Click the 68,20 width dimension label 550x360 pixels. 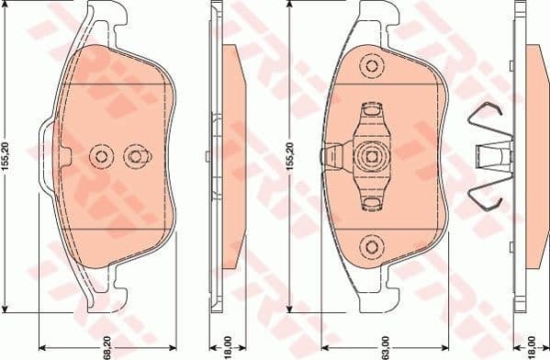pyautogui.click(x=107, y=343)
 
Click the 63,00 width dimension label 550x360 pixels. pyautogui.click(x=370, y=343)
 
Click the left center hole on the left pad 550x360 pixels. pyautogui.click(x=100, y=157)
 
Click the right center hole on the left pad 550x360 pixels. pyautogui.click(x=137, y=157)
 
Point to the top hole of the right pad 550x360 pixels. pyautogui.click(x=371, y=65)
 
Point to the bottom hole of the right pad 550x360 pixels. pyautogui.click(x=371, y=246)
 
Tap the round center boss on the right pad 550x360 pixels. pyautogui.click(x=371, y=155)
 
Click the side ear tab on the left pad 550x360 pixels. pyautogui.click(x=45, y=157)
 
